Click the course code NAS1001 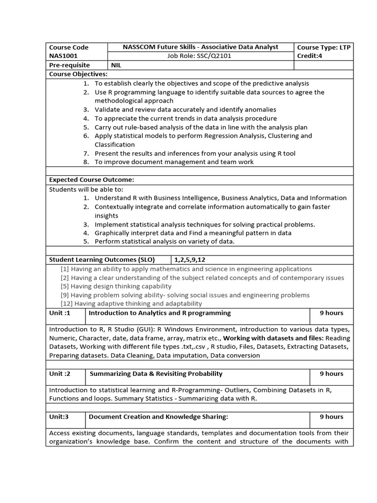pyautogui.click(x=63, y=56)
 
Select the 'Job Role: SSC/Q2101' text pyautogui.click(x=201, y=56)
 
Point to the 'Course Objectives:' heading pyautogui.click(x=78, y=74)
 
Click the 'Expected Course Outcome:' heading pyautogui.click(x=91, y=180)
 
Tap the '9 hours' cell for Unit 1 pyautogui.click(x=331, y=313)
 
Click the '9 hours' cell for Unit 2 pyautogui.click(x=331, y=374)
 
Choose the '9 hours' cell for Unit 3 pyautogui.click(x=331, y=417)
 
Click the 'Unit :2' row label pyautogui.click(x=60, y=374)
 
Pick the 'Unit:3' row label pyautogui.click(x=59, y=417)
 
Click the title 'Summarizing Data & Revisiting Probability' pyautogui.click(x=156, y=374)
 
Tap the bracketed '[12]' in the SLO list pyautogui.click(x=67, y=304)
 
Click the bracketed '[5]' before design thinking pyautogui.click(x=65, y=286)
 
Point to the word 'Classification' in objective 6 pyautogui.click(x=114, y=144)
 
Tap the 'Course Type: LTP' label pyautogui.click(x=324, y=47)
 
